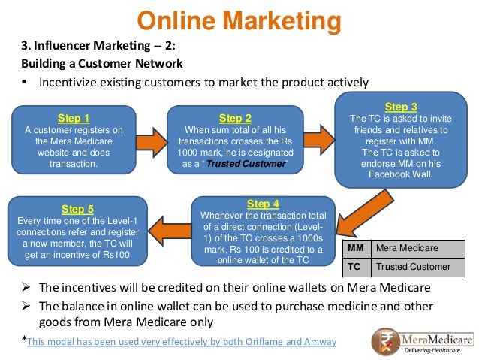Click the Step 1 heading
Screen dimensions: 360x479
click(74, 117)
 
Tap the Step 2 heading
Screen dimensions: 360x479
click(235, 117)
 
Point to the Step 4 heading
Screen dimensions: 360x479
click(263, 204)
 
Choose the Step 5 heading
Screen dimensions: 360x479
click(78, 209)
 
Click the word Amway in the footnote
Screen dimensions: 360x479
click(321, 342)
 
